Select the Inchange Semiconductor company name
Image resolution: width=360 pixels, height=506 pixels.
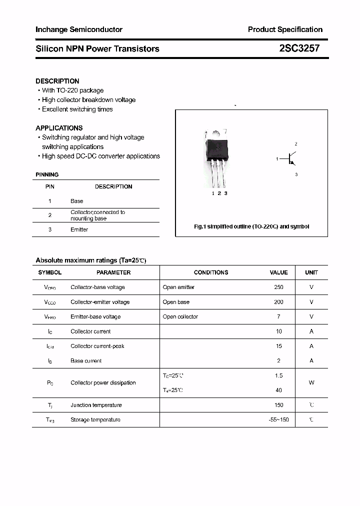[79, 29]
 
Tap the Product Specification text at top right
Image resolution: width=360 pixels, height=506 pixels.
[285, 29]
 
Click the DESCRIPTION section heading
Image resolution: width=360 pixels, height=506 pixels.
[57, 81]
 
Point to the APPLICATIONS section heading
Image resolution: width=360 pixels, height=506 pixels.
[59, 128]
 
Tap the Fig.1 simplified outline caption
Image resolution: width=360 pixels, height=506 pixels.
[251, 226]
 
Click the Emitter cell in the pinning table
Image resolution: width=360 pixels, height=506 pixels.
[79, 229]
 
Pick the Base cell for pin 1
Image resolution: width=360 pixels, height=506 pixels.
[77, 201]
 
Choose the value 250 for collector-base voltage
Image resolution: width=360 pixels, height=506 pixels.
[278, 287]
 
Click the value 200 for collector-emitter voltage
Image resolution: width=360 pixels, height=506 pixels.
[278, 302]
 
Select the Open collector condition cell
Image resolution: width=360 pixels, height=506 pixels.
[180, 316]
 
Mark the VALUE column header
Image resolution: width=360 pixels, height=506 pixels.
[278, 272]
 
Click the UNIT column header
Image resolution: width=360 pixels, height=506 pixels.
[311, 272]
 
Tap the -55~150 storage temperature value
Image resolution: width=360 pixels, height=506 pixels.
[278, 420]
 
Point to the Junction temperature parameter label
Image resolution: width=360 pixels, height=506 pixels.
[96, 405]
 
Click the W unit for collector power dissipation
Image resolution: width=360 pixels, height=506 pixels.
[311, 383]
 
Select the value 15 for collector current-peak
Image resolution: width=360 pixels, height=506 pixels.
[278, 346]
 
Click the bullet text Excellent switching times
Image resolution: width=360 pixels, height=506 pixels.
[77, 109]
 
